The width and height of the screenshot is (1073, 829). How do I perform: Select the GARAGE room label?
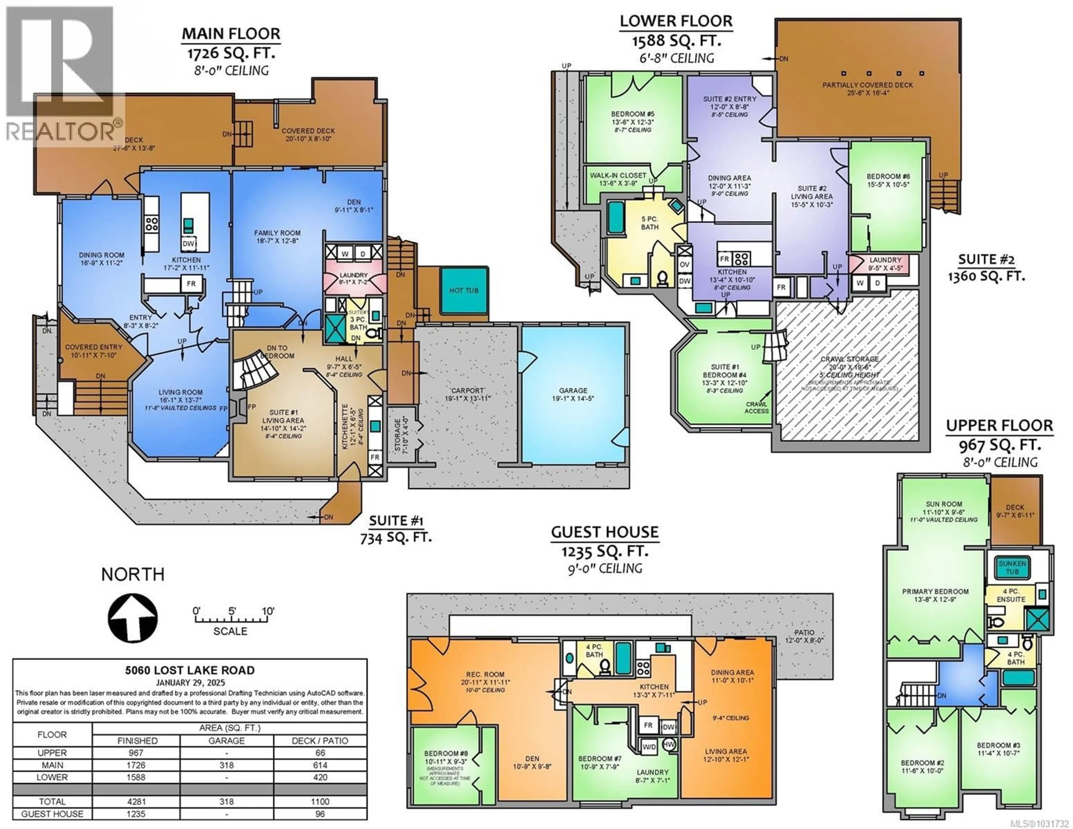pyautogui.click(x=573, y=391)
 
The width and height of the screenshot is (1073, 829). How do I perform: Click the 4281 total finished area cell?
pyautogui.click(x=136, y=802)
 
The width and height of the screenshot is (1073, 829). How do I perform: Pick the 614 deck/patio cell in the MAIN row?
pyautogui.click(x=320, y=765)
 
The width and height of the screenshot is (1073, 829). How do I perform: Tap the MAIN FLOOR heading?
pyautogui.click(x=231, y=34)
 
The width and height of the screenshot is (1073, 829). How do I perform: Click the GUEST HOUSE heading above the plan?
pyautogui.click(x=604, y=532)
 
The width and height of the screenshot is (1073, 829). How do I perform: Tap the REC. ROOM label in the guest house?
pyautogui.click(x=485, y=675)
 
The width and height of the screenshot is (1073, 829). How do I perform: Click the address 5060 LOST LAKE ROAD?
pyautogui.click(x=190, y=670)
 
